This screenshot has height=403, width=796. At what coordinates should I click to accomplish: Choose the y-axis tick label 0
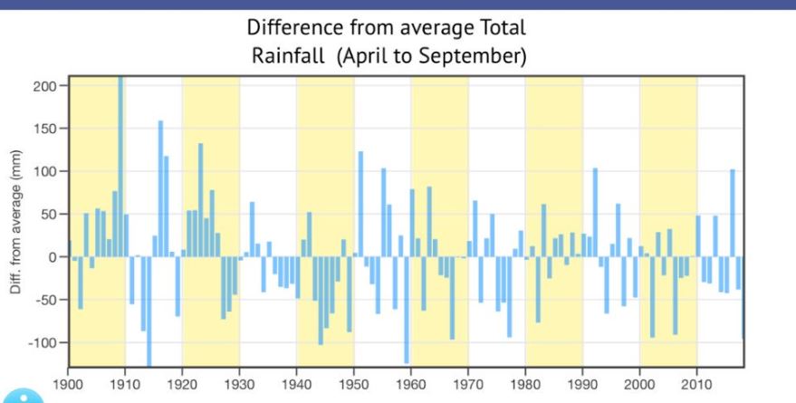[x=53, y=257]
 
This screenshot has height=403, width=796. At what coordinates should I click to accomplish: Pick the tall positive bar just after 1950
[x=360, y=204]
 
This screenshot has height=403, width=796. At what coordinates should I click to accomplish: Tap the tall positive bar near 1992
[x=595, y=213]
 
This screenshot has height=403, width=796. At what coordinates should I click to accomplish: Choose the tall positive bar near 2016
[x=732, y=213]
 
